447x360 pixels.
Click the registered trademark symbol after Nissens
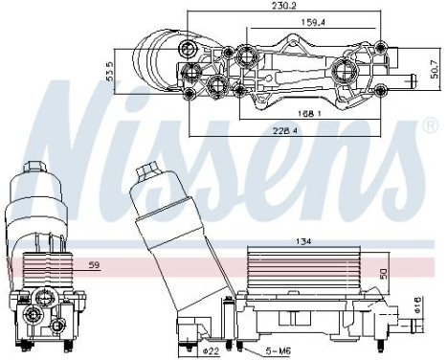(430, 125)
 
